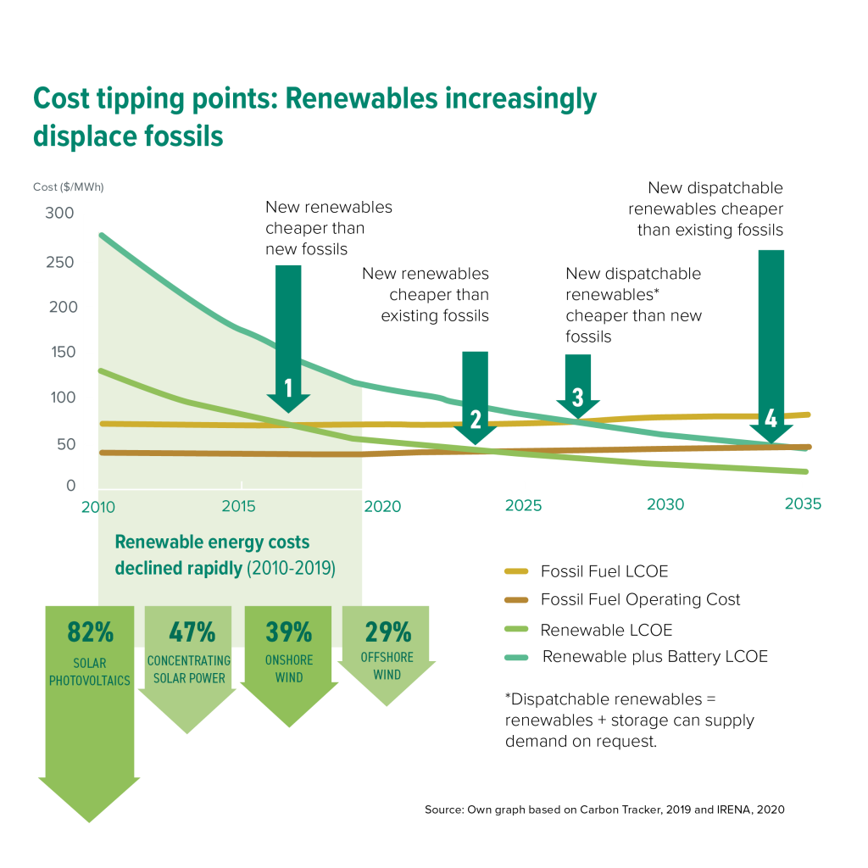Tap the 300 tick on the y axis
(x=58, y=214)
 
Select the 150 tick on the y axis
(x=58, y=353)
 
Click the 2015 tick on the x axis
(x=239, y=506)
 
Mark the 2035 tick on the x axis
(x=803, y=504)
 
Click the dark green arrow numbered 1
(x=288, y=339)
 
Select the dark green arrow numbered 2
(x=475, y=398)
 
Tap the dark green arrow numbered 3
(x=578, y=386)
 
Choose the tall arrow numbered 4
(x=771, y=339)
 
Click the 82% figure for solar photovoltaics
(x=89, y=632)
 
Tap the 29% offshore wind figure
(x=387, y=632)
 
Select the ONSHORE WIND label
(x=289, y=668)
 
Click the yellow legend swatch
(x=516, y=571)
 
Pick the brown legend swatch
(x=516, y=600)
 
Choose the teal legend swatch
(x=516, y=657)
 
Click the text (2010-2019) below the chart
(x=291, y=568)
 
